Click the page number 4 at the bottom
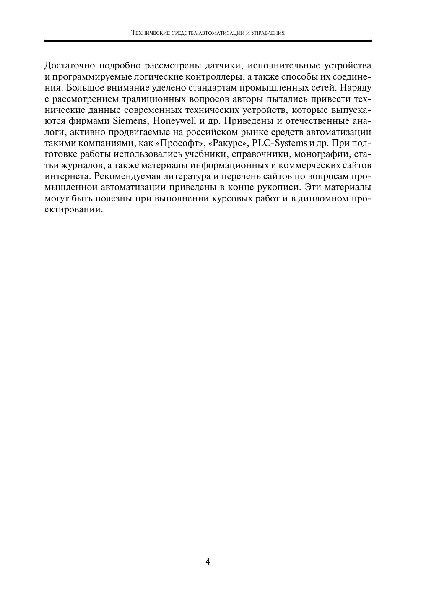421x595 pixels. click(208, 561)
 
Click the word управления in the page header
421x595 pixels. click(268, 33)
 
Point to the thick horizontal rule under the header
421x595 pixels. click(208, 41)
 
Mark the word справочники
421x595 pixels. click(262, 154)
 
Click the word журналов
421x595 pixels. click(81, 165)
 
